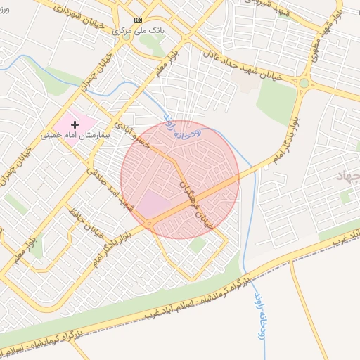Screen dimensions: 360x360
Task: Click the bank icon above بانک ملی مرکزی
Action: pos(137,20)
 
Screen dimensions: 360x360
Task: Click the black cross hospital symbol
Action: pos(75,124)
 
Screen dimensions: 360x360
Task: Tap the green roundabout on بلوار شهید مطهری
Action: pos(304,84)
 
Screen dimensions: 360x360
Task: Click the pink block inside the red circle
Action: pos(153,205)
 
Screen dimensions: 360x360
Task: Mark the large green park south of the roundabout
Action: pos(276,103)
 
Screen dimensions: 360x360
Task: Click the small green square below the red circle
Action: pos(198,244)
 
